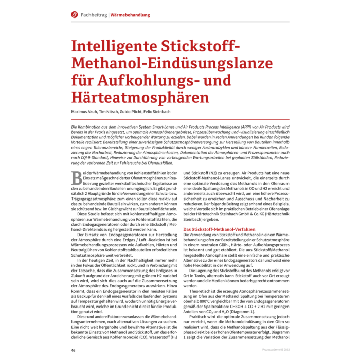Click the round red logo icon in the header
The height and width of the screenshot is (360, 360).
73,15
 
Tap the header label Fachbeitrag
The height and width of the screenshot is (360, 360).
94,15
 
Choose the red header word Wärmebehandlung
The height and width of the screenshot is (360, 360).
131,15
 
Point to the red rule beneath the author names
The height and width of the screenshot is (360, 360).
180,118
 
